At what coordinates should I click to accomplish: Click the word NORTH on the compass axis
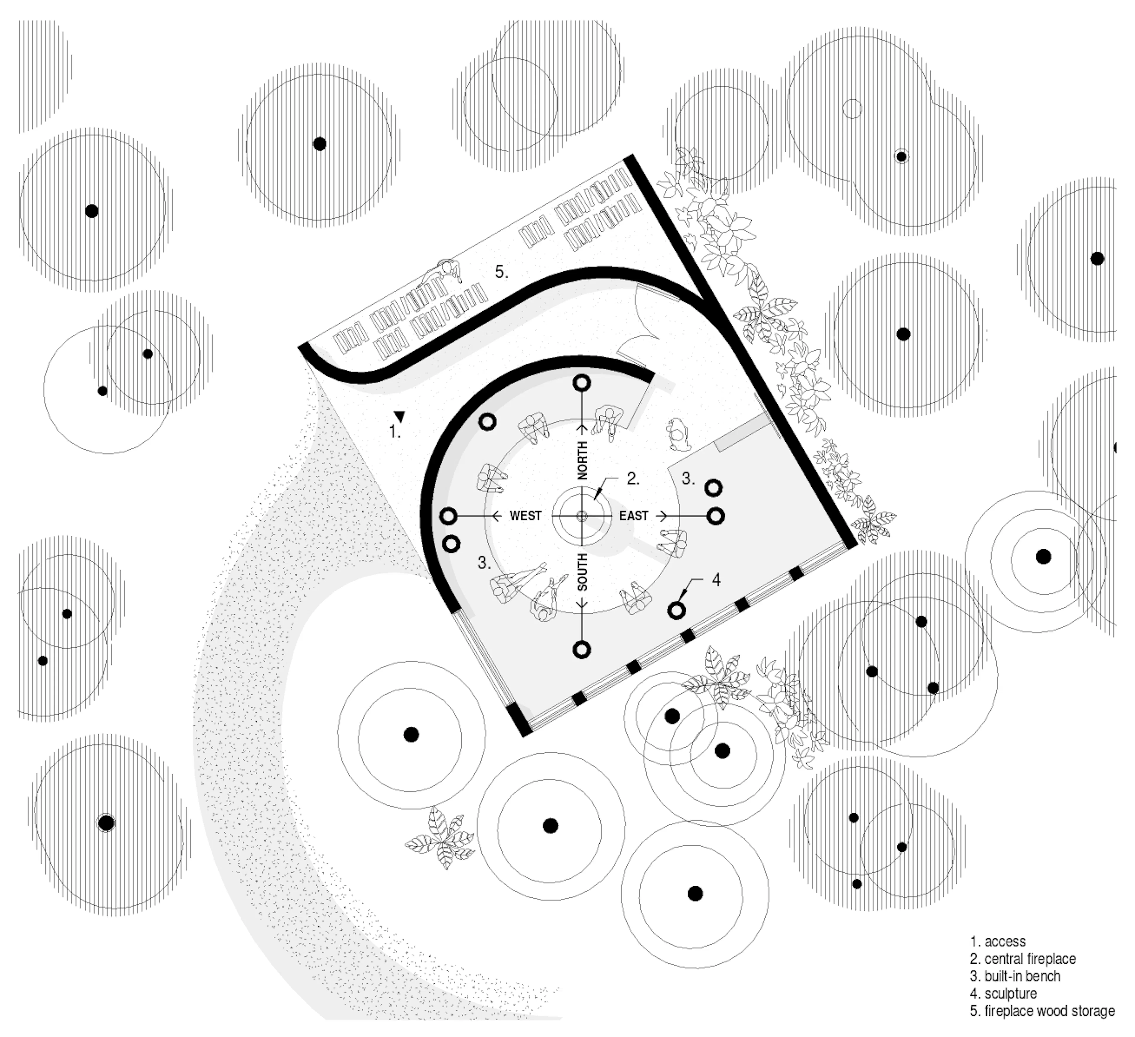click(582, 461)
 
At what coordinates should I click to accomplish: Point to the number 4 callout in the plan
click(716, 580)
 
